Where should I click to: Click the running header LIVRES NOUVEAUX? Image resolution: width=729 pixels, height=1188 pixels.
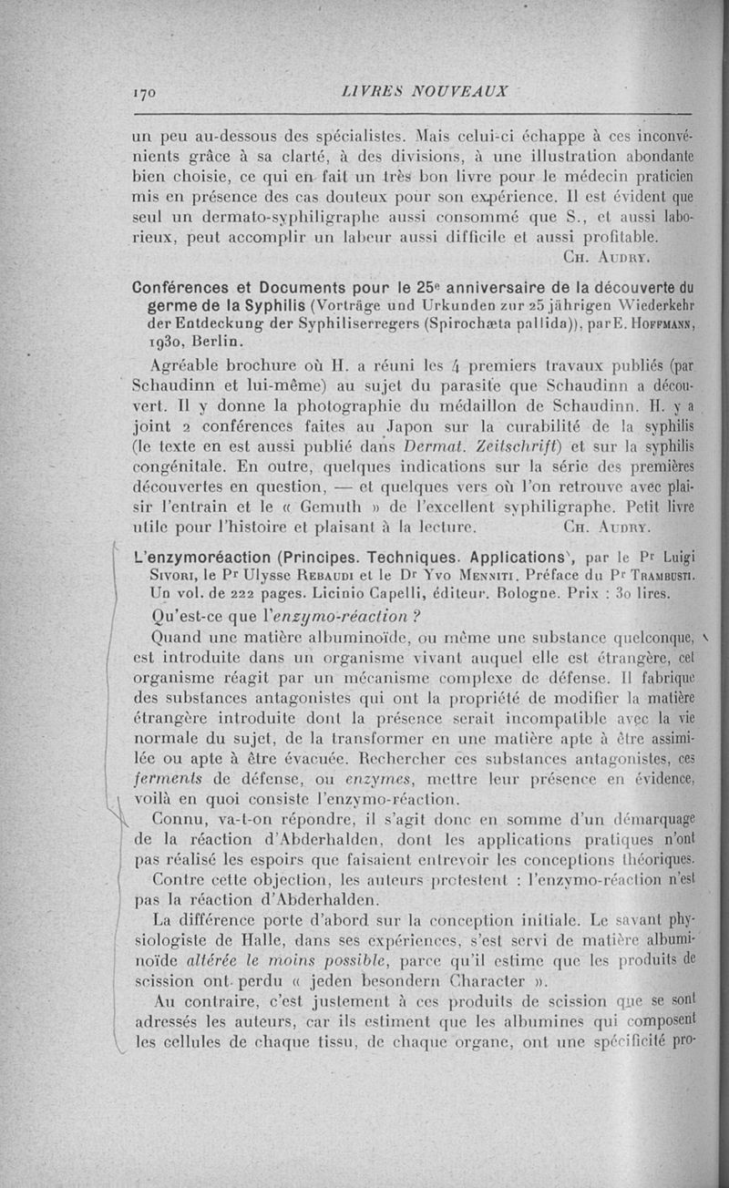[423, 91]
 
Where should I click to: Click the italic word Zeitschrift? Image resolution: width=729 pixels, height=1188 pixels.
[492, 446]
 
